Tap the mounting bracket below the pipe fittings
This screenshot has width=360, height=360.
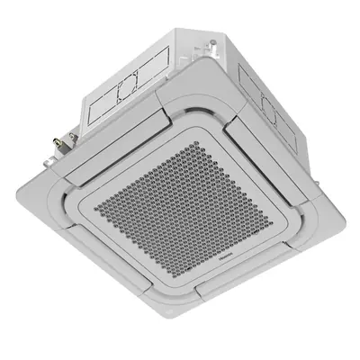[56, 157]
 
